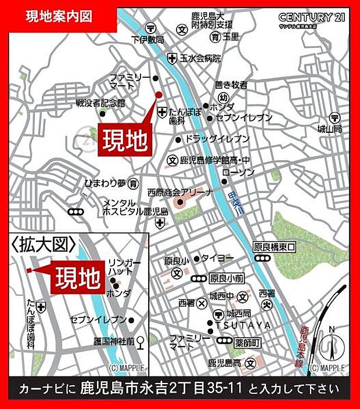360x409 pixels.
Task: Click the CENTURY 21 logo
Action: (x=312, y=18)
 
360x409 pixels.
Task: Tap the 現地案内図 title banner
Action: (x=59, y=16)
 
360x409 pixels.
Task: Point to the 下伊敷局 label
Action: (x=148, y=40)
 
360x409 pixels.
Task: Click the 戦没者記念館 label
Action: (x=100, y=103)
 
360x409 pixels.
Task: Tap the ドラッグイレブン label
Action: (x=217, y=139)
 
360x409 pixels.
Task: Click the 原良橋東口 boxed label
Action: (x=275, y=247)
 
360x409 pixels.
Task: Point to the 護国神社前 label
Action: (x=111, y=342)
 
